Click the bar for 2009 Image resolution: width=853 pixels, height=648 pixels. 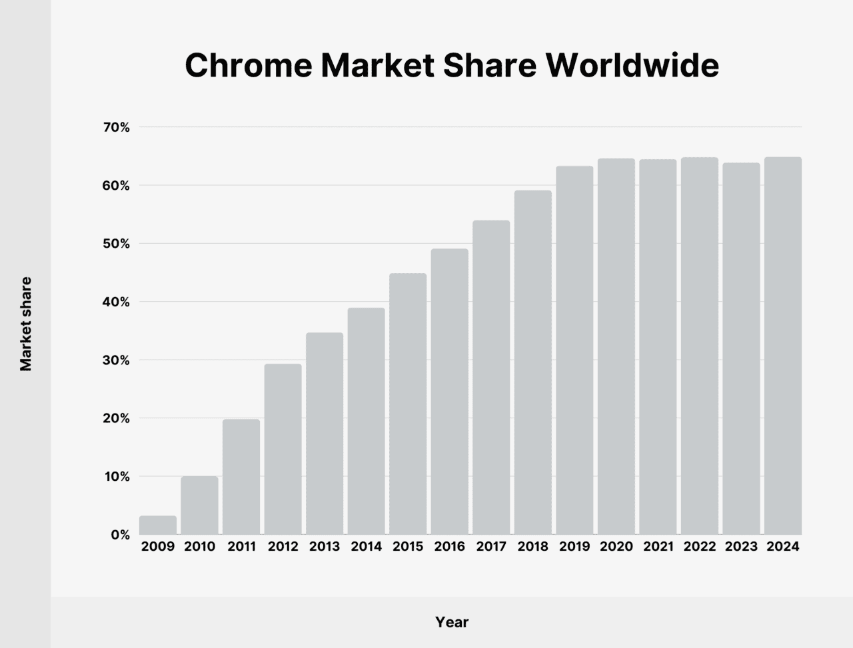(158, 525)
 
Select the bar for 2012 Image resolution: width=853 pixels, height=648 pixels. (283, 449)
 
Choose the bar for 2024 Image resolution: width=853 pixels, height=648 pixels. (782, 346)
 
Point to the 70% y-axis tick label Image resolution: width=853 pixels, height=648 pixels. (116, 127)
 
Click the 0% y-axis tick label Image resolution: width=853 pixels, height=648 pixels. (121, 535)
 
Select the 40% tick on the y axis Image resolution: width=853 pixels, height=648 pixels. (116, 302)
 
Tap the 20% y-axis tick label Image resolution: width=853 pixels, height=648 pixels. (116, 418)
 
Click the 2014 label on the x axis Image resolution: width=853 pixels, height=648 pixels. (366, 547)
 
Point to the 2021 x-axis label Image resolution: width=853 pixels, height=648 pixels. (658, 547)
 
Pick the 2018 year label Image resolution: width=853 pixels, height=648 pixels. (532, 547)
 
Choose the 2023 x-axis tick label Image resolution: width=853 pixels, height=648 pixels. (741, 547)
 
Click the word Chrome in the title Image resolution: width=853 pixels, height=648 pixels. (248, 66)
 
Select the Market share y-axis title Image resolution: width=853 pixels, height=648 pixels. (26, 324)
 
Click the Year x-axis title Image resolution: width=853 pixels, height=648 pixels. (452, 622)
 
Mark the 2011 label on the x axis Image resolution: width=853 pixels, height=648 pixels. (241, 547)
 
